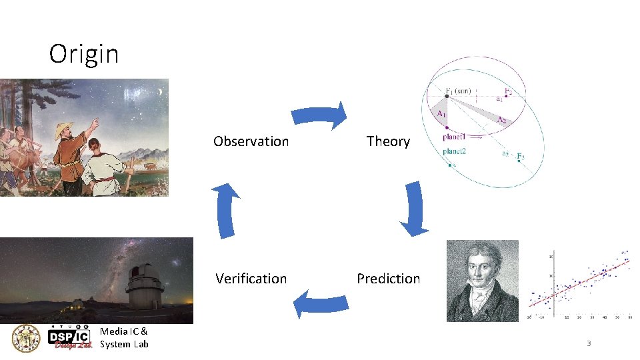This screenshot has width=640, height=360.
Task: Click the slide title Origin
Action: click(84, 53)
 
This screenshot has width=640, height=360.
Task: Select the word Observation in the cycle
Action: click(251, 141)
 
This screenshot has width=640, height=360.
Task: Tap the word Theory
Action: click(388, 141)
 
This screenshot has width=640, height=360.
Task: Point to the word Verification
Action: click(251, 279)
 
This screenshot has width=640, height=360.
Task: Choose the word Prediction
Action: click(388, 279)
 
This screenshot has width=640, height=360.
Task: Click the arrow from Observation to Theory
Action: click(319, 116)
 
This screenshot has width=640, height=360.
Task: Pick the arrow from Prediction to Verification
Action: click(321, 303)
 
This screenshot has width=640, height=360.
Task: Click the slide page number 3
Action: click(589, 343)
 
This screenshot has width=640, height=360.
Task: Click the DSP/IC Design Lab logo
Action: click(70, 339)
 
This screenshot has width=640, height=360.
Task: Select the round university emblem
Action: click(26, 339)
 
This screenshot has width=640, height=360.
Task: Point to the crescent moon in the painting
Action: click(159, 91)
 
